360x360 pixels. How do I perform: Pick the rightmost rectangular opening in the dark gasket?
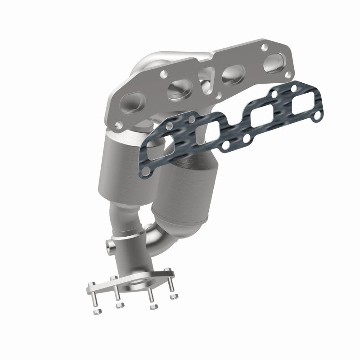click(301, 107)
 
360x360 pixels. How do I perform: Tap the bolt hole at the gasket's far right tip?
click(317, 117)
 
